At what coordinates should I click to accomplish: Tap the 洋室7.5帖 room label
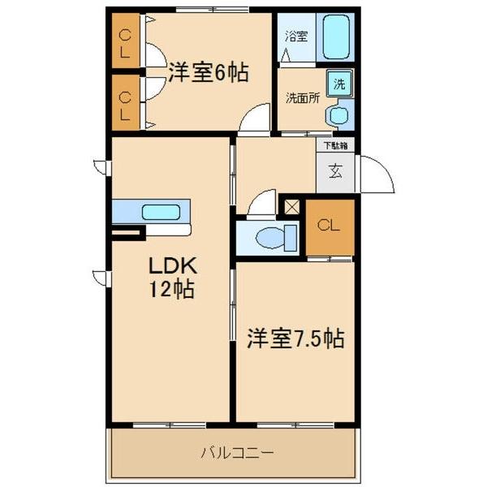tap(295, 338)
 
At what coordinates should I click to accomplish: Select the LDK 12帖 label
tap(170, 277)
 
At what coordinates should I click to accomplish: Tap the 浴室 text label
tap(296, 37)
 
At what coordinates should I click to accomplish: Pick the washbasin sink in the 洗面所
tap(338, 116)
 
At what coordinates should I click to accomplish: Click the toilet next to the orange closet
tap(268, 237)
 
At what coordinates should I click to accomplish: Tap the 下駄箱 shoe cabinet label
tap(336, 146)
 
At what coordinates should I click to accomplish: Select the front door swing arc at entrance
tap(375, 175)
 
